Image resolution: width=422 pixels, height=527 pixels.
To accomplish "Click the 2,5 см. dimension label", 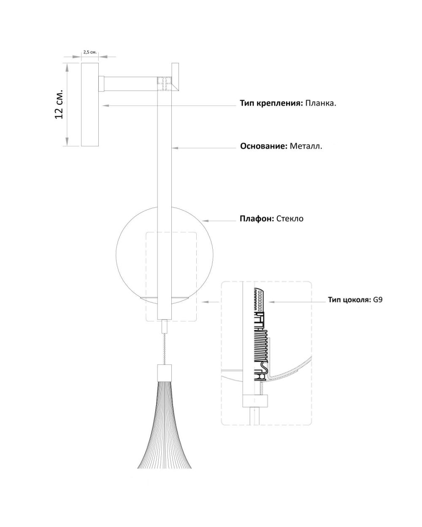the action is click(x=90, y=52).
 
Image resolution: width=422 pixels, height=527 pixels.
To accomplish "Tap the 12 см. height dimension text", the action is click(x=59, y=104).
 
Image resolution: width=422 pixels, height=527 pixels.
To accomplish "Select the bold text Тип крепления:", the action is click(x=271, y=103).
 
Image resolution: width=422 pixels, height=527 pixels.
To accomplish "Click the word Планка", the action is click(x=320, y=103).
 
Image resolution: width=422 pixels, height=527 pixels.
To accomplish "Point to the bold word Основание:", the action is click(x=264, y=146).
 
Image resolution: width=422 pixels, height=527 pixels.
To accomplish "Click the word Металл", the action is click(x=306, y=146).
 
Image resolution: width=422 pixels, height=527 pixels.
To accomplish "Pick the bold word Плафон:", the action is click(x=257, y=218).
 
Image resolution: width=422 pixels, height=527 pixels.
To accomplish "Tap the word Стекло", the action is click(x=290, y=218).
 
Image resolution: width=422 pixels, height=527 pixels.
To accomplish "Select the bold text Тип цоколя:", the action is click(x=349, y=300).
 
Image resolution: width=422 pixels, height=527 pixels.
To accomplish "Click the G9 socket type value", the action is click(x=378, y=300).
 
